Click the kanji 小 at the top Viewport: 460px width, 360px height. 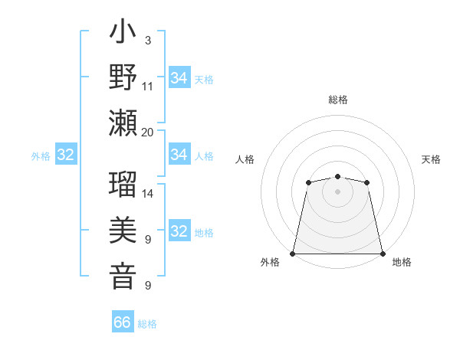[123, 34]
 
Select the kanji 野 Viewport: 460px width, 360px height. [123, 79]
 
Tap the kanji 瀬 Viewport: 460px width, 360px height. [123, 123]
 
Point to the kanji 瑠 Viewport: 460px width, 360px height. [123, 186]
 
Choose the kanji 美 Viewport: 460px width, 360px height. [123, 232]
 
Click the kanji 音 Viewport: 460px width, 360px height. [123, 277]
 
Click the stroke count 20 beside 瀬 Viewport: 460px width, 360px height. [148, 132]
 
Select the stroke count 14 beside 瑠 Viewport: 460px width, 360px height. [148, 194]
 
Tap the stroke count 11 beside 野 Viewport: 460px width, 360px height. [148, 87]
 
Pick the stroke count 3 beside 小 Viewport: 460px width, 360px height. [147, 40]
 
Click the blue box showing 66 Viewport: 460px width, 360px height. [123, 322]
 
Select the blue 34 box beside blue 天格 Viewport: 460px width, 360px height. [179, 78]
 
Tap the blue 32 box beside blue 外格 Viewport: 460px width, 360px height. [66, 155]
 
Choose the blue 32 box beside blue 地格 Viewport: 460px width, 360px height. [179, 232]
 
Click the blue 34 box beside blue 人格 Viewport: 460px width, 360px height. [179, 155]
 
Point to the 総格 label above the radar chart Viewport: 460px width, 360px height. [337, 100]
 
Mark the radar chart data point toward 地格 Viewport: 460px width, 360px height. [382, 254]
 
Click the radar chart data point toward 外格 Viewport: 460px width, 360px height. [293, 254]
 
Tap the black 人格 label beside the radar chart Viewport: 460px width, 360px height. [245, 159]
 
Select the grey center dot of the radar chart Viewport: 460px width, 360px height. [337, 191]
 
